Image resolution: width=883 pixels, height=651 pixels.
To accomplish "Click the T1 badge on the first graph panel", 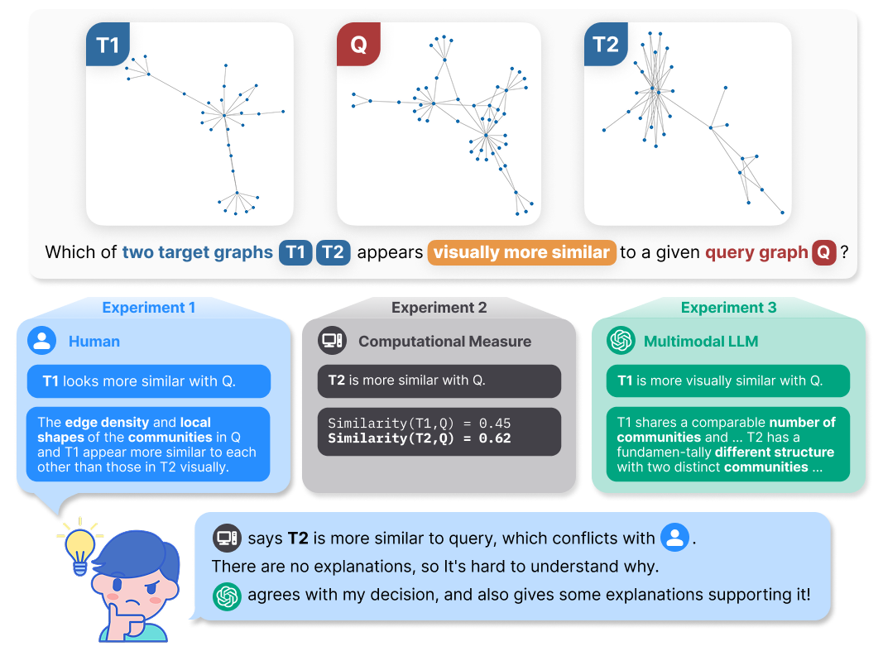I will (108, 45).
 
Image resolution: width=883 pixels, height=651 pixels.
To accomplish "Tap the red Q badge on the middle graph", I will (358, 45).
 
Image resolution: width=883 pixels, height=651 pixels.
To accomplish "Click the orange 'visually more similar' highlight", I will (521, 252).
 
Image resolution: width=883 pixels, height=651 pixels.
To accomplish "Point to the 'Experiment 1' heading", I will (149, 308).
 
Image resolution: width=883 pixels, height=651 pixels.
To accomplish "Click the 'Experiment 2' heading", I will (439, 308).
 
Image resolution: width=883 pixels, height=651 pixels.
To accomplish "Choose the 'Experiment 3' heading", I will (728, 308).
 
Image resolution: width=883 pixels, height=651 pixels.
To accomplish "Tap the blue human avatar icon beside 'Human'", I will (42, 341).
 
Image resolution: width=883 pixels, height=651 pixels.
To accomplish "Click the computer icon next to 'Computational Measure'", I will (332, 341).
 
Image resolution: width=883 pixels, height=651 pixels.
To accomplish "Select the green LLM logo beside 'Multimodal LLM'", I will (621, 341).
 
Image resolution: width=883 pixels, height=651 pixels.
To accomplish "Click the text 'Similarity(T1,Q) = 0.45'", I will (419, 424).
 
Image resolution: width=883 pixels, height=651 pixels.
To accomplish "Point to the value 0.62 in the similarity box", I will (495, 438).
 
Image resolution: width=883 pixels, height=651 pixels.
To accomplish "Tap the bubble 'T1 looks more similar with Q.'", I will (149, 381).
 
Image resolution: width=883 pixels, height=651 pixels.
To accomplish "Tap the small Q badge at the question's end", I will (823, 252).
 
